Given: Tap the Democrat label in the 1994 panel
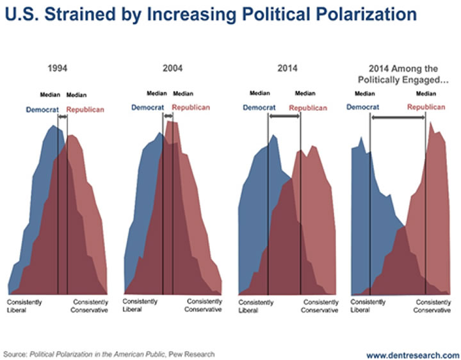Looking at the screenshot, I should point(42,110).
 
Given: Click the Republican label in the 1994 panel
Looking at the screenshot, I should point(85,110).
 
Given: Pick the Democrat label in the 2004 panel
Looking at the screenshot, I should point(148,107).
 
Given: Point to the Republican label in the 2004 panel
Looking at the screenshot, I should point(191,107).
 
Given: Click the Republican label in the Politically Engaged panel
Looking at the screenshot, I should point(426,107).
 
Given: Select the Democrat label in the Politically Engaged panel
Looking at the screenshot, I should point(363,107).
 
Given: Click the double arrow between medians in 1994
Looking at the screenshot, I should point(62,117).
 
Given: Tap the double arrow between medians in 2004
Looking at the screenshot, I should point(168,116).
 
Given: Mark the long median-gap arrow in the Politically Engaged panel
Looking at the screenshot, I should point(398,117).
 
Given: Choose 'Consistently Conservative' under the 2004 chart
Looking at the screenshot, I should point(204,305).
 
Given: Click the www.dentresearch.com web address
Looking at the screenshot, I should point(412,355).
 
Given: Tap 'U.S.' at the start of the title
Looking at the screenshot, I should point(19,13).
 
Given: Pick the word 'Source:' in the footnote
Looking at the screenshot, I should point(16,354).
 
